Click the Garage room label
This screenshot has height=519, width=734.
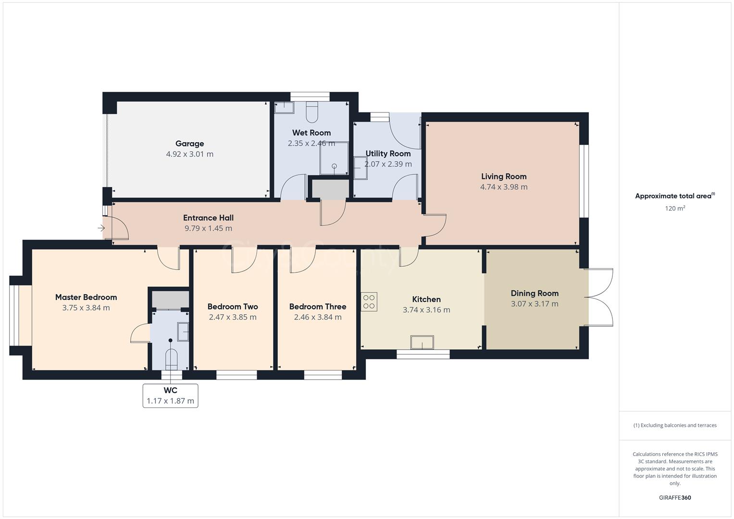point(189,143)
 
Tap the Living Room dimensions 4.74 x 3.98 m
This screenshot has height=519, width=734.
point(503,187)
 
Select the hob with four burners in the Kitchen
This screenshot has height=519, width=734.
point(369,302)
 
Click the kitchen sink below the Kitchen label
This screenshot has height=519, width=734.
point(422,343)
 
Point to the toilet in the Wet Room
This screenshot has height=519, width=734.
point(312,111)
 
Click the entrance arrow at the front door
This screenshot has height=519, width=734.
point(101,228)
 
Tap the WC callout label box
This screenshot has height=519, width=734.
point(170,395)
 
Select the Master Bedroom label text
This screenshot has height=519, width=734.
point(86,297)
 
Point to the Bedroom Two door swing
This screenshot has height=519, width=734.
point(244,261)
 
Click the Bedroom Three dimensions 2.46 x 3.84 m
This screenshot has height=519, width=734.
point(318,317)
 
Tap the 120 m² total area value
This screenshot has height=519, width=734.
point(674,208)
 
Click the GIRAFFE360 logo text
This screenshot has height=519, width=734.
point(674,497)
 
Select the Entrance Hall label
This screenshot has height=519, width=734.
point(208,218)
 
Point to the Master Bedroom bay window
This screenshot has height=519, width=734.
point(14,315)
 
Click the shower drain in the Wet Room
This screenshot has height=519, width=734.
point(335,166)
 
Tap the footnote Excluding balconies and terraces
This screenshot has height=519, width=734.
point(674,425)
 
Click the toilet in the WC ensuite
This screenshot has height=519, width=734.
point(171,358)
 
